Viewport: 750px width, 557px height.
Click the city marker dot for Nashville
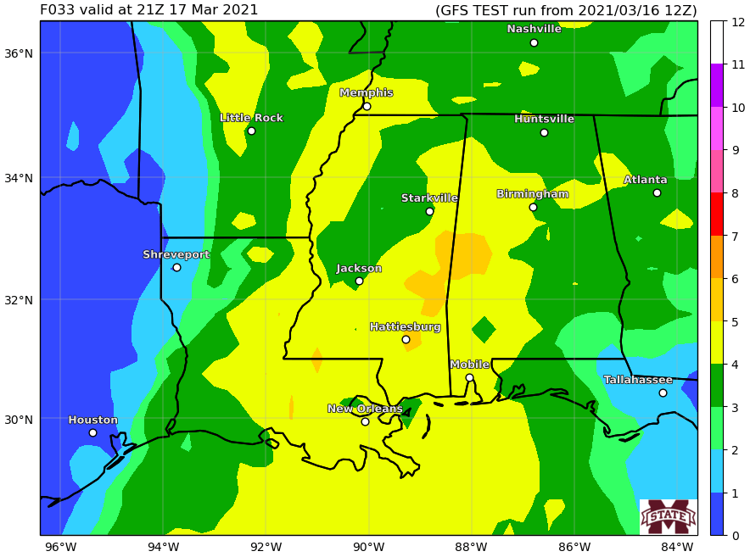point(534,42)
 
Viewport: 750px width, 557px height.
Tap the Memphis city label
point(367,93)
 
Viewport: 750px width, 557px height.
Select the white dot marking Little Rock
point(251,131)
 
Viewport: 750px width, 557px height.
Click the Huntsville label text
point(544,119)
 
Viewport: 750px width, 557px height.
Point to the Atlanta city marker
point(657,192)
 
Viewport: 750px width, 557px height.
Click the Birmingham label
point(532,194)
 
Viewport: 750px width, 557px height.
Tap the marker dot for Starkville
point(429,211)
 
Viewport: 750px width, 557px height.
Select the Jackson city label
point(359,269)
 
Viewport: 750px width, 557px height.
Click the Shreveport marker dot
point(176,267)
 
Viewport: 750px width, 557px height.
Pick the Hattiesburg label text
point(405,327)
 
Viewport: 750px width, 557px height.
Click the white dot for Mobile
point(469,377)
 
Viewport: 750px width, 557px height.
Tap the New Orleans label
point(365,409)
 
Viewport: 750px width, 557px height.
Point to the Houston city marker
point(92,432)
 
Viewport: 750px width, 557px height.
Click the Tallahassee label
point(638,380)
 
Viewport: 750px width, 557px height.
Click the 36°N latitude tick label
point(19,53)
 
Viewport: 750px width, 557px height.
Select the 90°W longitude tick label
point(368,546)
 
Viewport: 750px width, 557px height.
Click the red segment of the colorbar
point(717,214)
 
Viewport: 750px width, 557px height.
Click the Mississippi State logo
point(668,516)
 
